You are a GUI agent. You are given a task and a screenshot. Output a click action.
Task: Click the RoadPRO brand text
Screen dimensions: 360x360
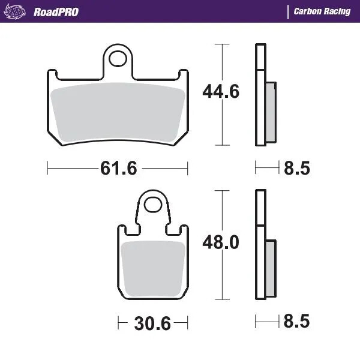pyautogui.click(x=56, y=11)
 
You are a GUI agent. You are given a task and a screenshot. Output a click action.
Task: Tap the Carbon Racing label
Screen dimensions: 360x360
pyautogui.click(x=322, y=11)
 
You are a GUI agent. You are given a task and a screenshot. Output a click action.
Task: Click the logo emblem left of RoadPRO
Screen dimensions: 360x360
pyautogui.click(x=19, y=11)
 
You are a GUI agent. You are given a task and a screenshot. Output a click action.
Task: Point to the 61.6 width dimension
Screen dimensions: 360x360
pyautogui.click(x=118, y=169)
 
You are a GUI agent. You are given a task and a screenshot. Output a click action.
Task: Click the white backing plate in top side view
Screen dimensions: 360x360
pyautogui.click(x=259, y=96)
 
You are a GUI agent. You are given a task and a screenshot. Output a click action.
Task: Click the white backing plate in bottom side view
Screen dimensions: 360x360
pyautogui.click(x=259, y=246)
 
